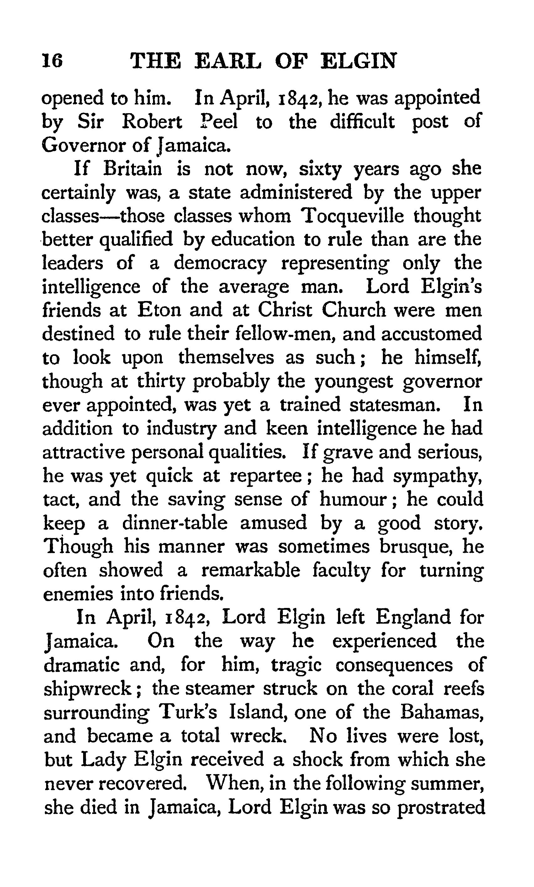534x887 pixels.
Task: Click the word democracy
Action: (220, 264)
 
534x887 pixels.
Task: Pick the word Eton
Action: (159, 310)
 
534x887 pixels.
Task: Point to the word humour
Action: (353, 499)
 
